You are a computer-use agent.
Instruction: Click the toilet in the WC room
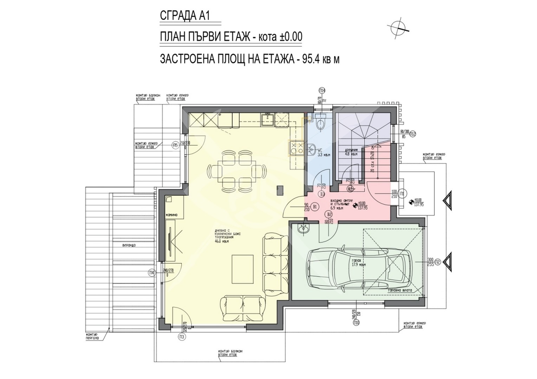tap(320, 123)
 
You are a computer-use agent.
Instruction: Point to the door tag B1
tap(315, 207)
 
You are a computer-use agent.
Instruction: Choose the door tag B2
tap(329, 214)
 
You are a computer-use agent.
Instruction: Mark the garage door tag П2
tap(438, 261)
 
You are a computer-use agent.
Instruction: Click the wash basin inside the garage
tap(303, 229)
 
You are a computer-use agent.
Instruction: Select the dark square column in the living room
tap(280, 191)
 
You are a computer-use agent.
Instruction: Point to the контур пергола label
tap(92, 336)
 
